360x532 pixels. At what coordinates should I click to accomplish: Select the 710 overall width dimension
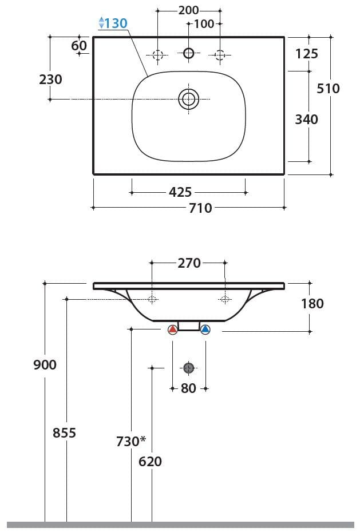point(200,208)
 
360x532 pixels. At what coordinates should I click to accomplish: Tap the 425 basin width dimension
point(180,193)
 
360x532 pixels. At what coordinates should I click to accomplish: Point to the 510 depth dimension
point(328,88)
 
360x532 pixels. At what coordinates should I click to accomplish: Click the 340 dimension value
point(306,119)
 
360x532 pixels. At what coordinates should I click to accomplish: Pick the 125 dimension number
point(307,54)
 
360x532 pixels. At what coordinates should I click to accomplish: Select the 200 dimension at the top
point(188,10)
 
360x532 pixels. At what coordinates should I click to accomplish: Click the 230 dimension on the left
point(50,79)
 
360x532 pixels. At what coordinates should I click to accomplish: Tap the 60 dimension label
point(79,46)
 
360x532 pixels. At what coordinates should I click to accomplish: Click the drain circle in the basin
point(188,100)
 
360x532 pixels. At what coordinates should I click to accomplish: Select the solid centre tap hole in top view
point(189,54)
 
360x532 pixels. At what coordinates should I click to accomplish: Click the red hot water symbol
point(173,329)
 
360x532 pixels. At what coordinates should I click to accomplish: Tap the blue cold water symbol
point(205,329)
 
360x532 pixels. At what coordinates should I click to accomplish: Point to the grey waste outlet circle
point(189,368)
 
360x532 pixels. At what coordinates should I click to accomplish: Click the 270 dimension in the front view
point(189,263)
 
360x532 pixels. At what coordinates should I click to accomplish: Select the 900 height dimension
point(45,364)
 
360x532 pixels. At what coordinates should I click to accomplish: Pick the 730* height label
point(131,441)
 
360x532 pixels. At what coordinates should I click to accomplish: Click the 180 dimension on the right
point(312,303)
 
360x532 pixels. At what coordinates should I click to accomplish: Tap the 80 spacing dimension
point(188,388)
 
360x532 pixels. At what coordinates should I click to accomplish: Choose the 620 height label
point(150,461)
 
